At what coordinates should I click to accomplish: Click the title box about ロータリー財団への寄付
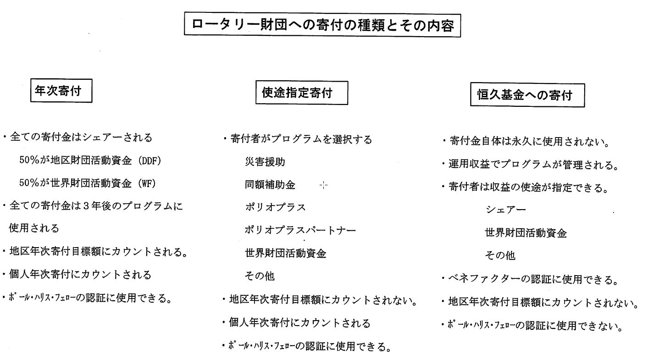point(322,25)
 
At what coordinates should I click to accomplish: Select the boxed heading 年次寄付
point(61,91)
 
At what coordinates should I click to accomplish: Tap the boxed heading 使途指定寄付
point(302,93)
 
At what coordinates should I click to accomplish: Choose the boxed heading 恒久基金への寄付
point(527,95)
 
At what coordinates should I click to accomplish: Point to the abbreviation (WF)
point(147,183)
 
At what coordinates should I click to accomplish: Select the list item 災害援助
point(265,162)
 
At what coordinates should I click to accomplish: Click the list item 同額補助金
point(270,185)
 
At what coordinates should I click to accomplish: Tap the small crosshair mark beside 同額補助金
point(323,185)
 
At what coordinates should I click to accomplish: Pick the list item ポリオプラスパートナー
point(300,230)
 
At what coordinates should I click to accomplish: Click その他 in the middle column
point(260,276)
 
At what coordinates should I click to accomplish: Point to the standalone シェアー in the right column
point(506,210)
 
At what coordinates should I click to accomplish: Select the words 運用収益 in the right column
point(469,164)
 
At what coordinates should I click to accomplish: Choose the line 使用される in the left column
point(34,228)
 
